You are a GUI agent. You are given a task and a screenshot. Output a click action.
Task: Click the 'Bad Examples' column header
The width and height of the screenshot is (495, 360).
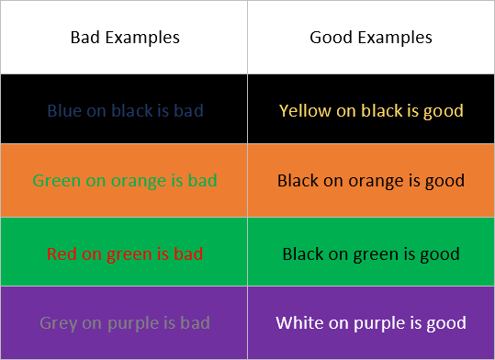coord(125,38)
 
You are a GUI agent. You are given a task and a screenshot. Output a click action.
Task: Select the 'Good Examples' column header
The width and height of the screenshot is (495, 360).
coord(371,38)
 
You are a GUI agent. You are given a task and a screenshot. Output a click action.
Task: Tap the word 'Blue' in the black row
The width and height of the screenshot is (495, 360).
coord(64,111)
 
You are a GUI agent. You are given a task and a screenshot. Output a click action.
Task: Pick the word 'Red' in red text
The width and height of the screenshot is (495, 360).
coord(61,253)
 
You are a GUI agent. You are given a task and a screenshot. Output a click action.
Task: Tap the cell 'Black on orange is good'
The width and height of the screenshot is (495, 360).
coord(371,180)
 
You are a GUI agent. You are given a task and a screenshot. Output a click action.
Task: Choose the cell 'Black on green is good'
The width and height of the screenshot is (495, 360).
coord(371,253)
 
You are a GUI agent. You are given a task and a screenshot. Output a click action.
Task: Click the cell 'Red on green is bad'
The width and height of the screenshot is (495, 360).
coord(125,253)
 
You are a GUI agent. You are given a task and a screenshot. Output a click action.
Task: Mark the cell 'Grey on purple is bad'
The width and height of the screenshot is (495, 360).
coord(125,323)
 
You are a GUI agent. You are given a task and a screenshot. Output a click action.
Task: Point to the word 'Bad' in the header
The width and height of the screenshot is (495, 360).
coord(86,38)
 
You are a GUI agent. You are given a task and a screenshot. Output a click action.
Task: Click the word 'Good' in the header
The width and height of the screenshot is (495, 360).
coord(330,38)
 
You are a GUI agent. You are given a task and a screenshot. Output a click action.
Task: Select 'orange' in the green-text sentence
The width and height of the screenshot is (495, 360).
coord(136,180)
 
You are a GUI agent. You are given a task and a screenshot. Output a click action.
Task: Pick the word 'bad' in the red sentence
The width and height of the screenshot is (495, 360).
coord(188,253)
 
